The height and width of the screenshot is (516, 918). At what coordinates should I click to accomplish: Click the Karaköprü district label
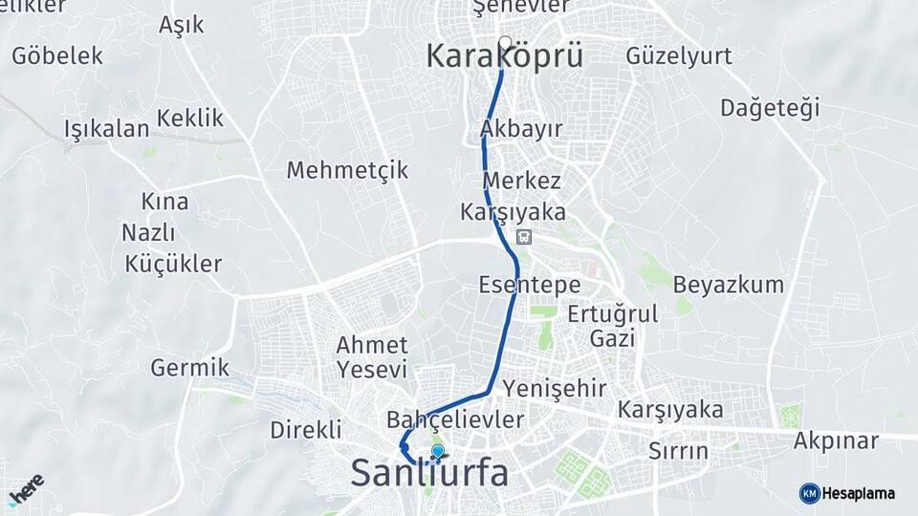(x=504, y=57)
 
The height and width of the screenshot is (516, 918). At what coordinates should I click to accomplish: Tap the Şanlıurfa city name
(x=430, y=473)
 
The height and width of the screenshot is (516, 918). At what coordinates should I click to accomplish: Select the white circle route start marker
(x=506, y=42)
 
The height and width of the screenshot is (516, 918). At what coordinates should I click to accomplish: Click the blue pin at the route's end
(x=438, y=452)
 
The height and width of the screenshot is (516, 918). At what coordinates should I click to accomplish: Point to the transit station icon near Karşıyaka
(x=524, y=236)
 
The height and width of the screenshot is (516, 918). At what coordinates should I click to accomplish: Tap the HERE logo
(x=26, y=491)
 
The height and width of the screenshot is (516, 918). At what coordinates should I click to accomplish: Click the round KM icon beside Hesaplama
(x=809, y=493)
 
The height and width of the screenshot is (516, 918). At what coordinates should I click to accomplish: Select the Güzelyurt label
(x=679, y=56)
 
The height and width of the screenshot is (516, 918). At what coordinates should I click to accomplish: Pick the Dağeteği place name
(x=770, y=108)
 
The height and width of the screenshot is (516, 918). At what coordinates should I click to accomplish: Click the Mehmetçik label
(x=347, y=170)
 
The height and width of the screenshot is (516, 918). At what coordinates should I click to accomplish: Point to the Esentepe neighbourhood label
(x=530, y=285)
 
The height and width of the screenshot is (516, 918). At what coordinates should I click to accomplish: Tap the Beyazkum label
(x=728, y=285)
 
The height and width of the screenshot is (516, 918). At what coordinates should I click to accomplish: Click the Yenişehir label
(x=555, y=387)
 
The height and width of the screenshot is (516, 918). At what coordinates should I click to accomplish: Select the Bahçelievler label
(x=455, y=419)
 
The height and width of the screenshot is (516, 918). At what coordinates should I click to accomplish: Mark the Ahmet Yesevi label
(x=372, y=356)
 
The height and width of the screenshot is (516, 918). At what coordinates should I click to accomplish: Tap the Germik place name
(x=189, y=367)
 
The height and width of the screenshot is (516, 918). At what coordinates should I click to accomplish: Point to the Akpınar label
(x=836, y=441)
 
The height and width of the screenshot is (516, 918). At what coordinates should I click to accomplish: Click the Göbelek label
(x=57, y=55)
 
